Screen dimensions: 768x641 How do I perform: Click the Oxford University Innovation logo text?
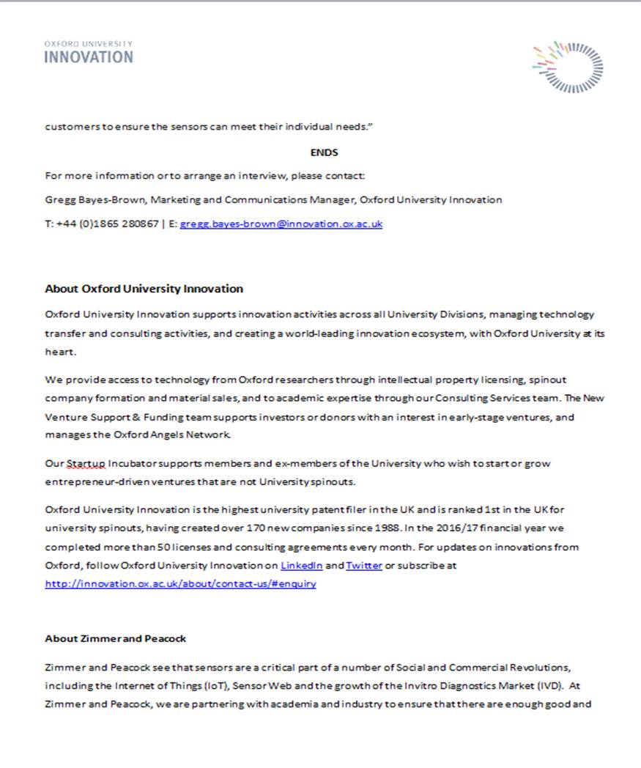pyautogui.click(x=89, y=53)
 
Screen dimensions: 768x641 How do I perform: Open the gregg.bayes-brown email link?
pyautogui.click(x=281, y=224)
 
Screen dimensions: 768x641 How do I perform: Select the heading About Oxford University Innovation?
pyautogui.click(x=144, y=289)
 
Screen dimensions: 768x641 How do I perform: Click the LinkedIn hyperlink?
pyautogui.click(x=301, y=566)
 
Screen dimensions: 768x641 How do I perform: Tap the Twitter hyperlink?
pyautogui.click(x=364, y=566)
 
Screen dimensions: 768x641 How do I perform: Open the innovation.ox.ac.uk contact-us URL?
pyautogui.click(x=180, y=584)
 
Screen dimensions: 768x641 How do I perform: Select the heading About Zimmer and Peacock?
pyautogui.click(x=115, y=638)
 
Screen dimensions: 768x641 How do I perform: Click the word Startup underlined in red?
pyautogui.click(x=86, y=464)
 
